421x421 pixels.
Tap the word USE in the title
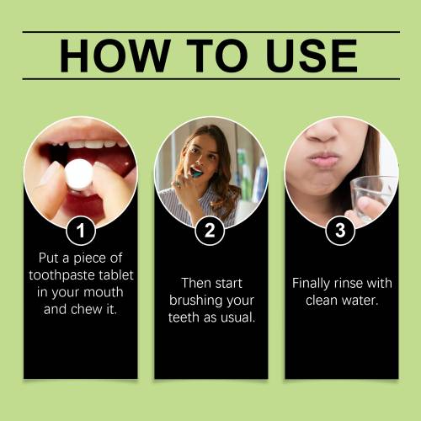312,56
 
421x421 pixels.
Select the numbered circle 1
81,231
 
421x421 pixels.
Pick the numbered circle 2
210,231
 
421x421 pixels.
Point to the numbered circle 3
340,231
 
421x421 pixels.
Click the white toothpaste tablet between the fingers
79,173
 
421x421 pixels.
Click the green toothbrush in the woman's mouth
197,173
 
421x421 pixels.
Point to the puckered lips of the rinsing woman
323,159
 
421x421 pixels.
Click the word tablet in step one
119,274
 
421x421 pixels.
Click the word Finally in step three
311,284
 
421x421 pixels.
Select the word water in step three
360,301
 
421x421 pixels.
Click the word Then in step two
196,283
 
